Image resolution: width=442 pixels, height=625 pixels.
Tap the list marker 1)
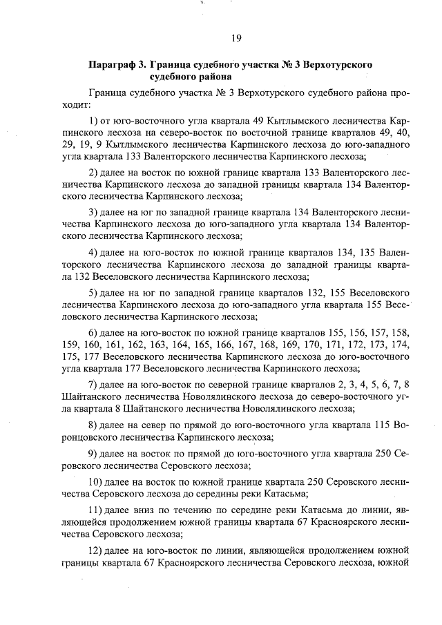(x=95, y=122)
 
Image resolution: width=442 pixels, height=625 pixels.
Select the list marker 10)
(x=98, y=481)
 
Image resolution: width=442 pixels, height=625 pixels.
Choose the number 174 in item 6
(x=403, y=344)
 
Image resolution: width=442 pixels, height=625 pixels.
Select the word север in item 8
(x=159, y=425)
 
